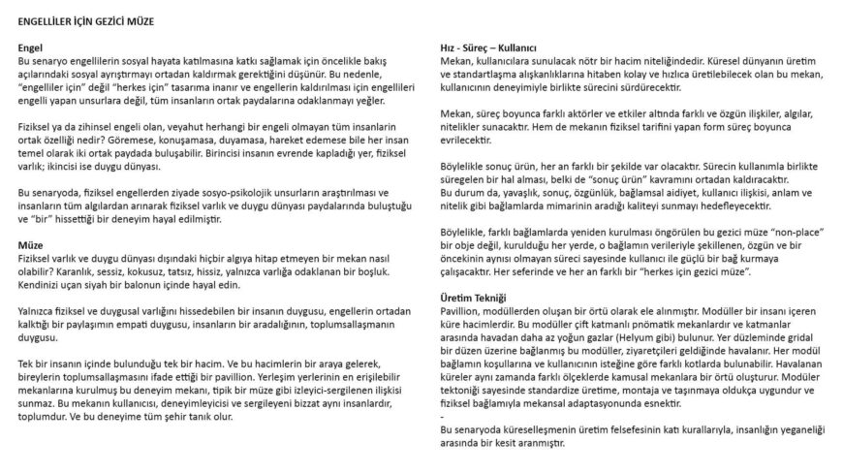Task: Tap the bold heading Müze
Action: coord(30,246)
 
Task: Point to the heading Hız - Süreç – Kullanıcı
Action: coord(488,47)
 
